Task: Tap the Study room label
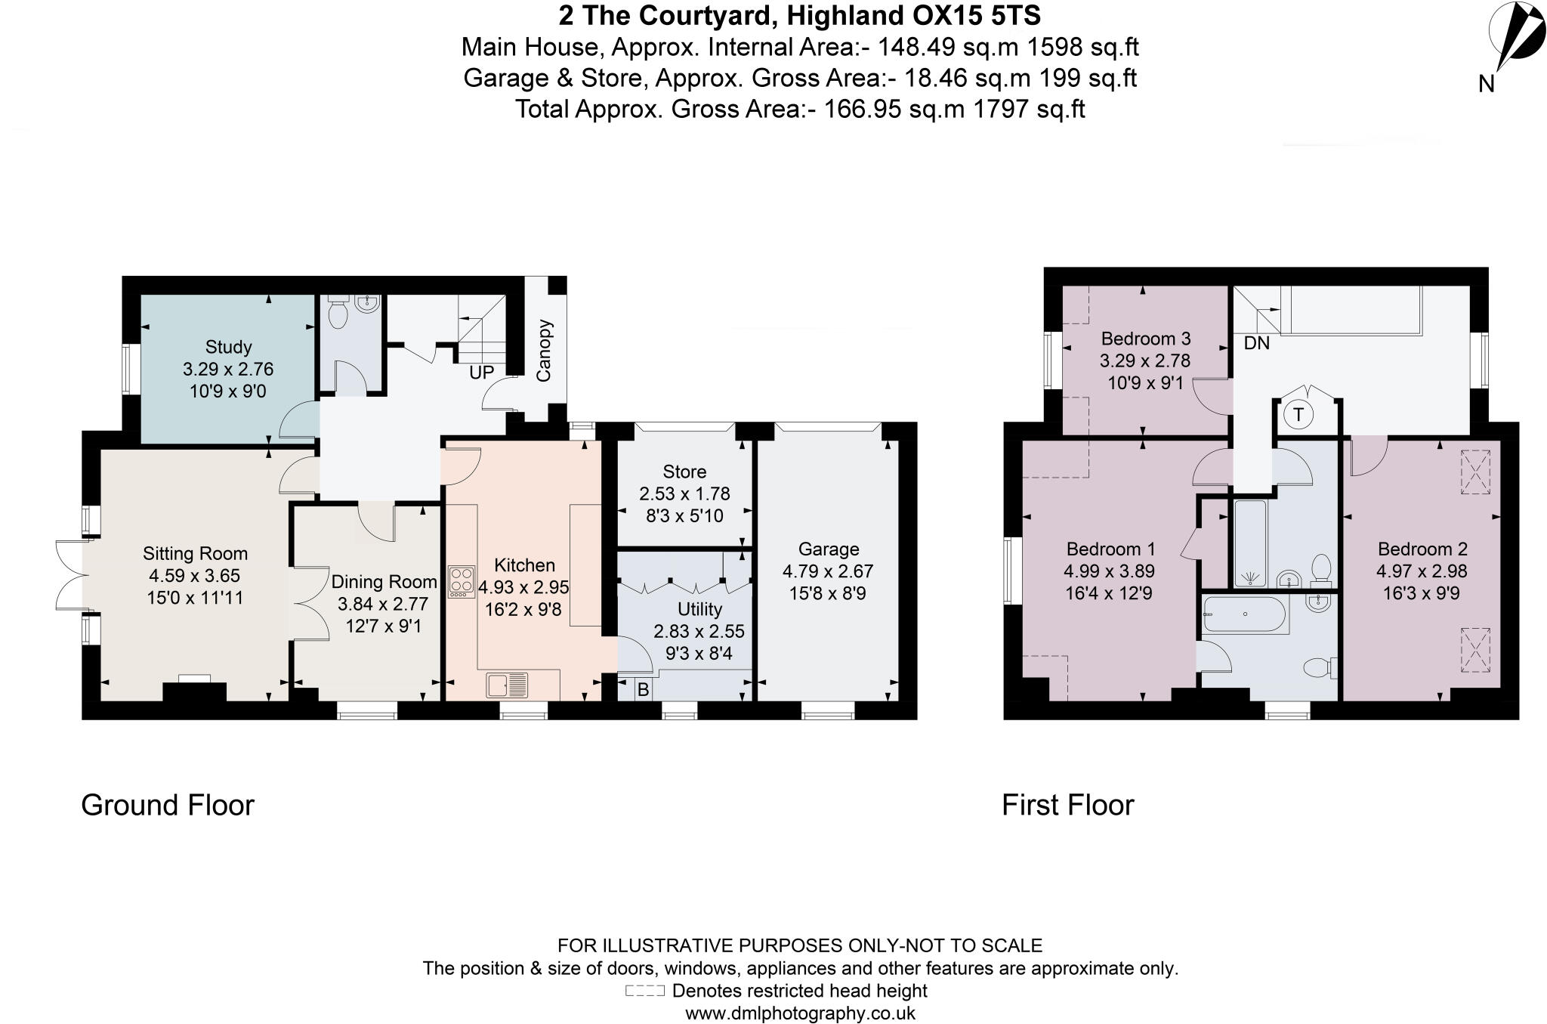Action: (x=228, y=347)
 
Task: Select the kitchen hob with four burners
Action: (x=461, y=582)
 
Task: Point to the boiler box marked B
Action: (x=643, y=690)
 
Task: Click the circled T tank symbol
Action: (x=1298, y=414)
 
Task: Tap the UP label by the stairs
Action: (x=482, y=373)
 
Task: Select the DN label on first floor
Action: (x=1257, y=343)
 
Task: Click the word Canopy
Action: (x=545, y=350)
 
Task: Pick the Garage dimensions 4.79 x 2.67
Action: (x=828, y=571)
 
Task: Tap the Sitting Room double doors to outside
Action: (x=69, y=575)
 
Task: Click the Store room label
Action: (x=684, y=472)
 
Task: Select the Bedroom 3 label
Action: (x=1145, y=339)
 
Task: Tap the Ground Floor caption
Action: (x=168, y=806)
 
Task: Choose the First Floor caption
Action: (x=1067, y=806)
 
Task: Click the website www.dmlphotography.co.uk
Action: (x=800, y=1013)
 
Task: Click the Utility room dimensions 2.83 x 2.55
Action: (x=699, y=631)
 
